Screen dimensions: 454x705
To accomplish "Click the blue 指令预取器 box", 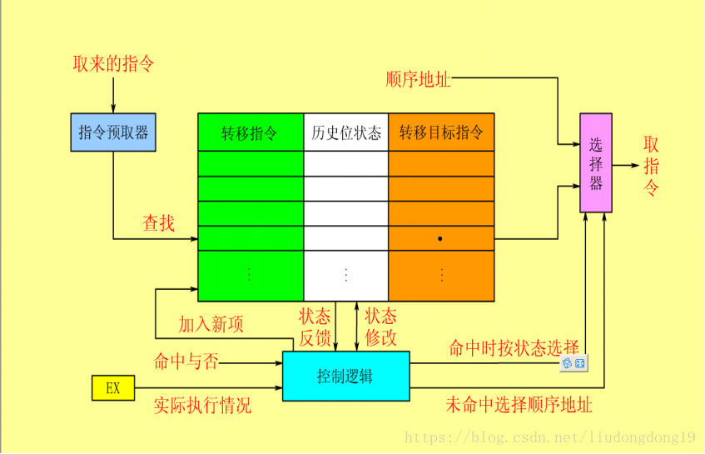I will (112, 132).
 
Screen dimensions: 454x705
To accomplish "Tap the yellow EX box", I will (112, 387).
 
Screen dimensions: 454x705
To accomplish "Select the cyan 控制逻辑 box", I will (345, 376).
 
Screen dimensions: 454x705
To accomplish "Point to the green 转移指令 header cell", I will (251, 132).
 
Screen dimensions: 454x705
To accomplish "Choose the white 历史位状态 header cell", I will (345, 132).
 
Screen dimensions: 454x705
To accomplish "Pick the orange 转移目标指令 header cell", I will (441, 132).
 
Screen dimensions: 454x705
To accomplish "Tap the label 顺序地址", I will (419, 80).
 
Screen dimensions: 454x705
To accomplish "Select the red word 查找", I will (158, 222).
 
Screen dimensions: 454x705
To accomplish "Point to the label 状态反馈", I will (315, 327).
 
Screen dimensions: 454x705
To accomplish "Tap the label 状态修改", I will (380, 327).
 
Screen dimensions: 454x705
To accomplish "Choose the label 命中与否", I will (186, 362).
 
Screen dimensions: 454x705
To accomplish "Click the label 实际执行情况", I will (202, 406).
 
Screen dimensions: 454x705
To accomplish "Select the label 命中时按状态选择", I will (514, 347).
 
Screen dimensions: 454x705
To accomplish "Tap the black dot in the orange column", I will (439, 238).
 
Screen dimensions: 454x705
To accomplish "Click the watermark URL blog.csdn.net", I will (549, 437).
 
